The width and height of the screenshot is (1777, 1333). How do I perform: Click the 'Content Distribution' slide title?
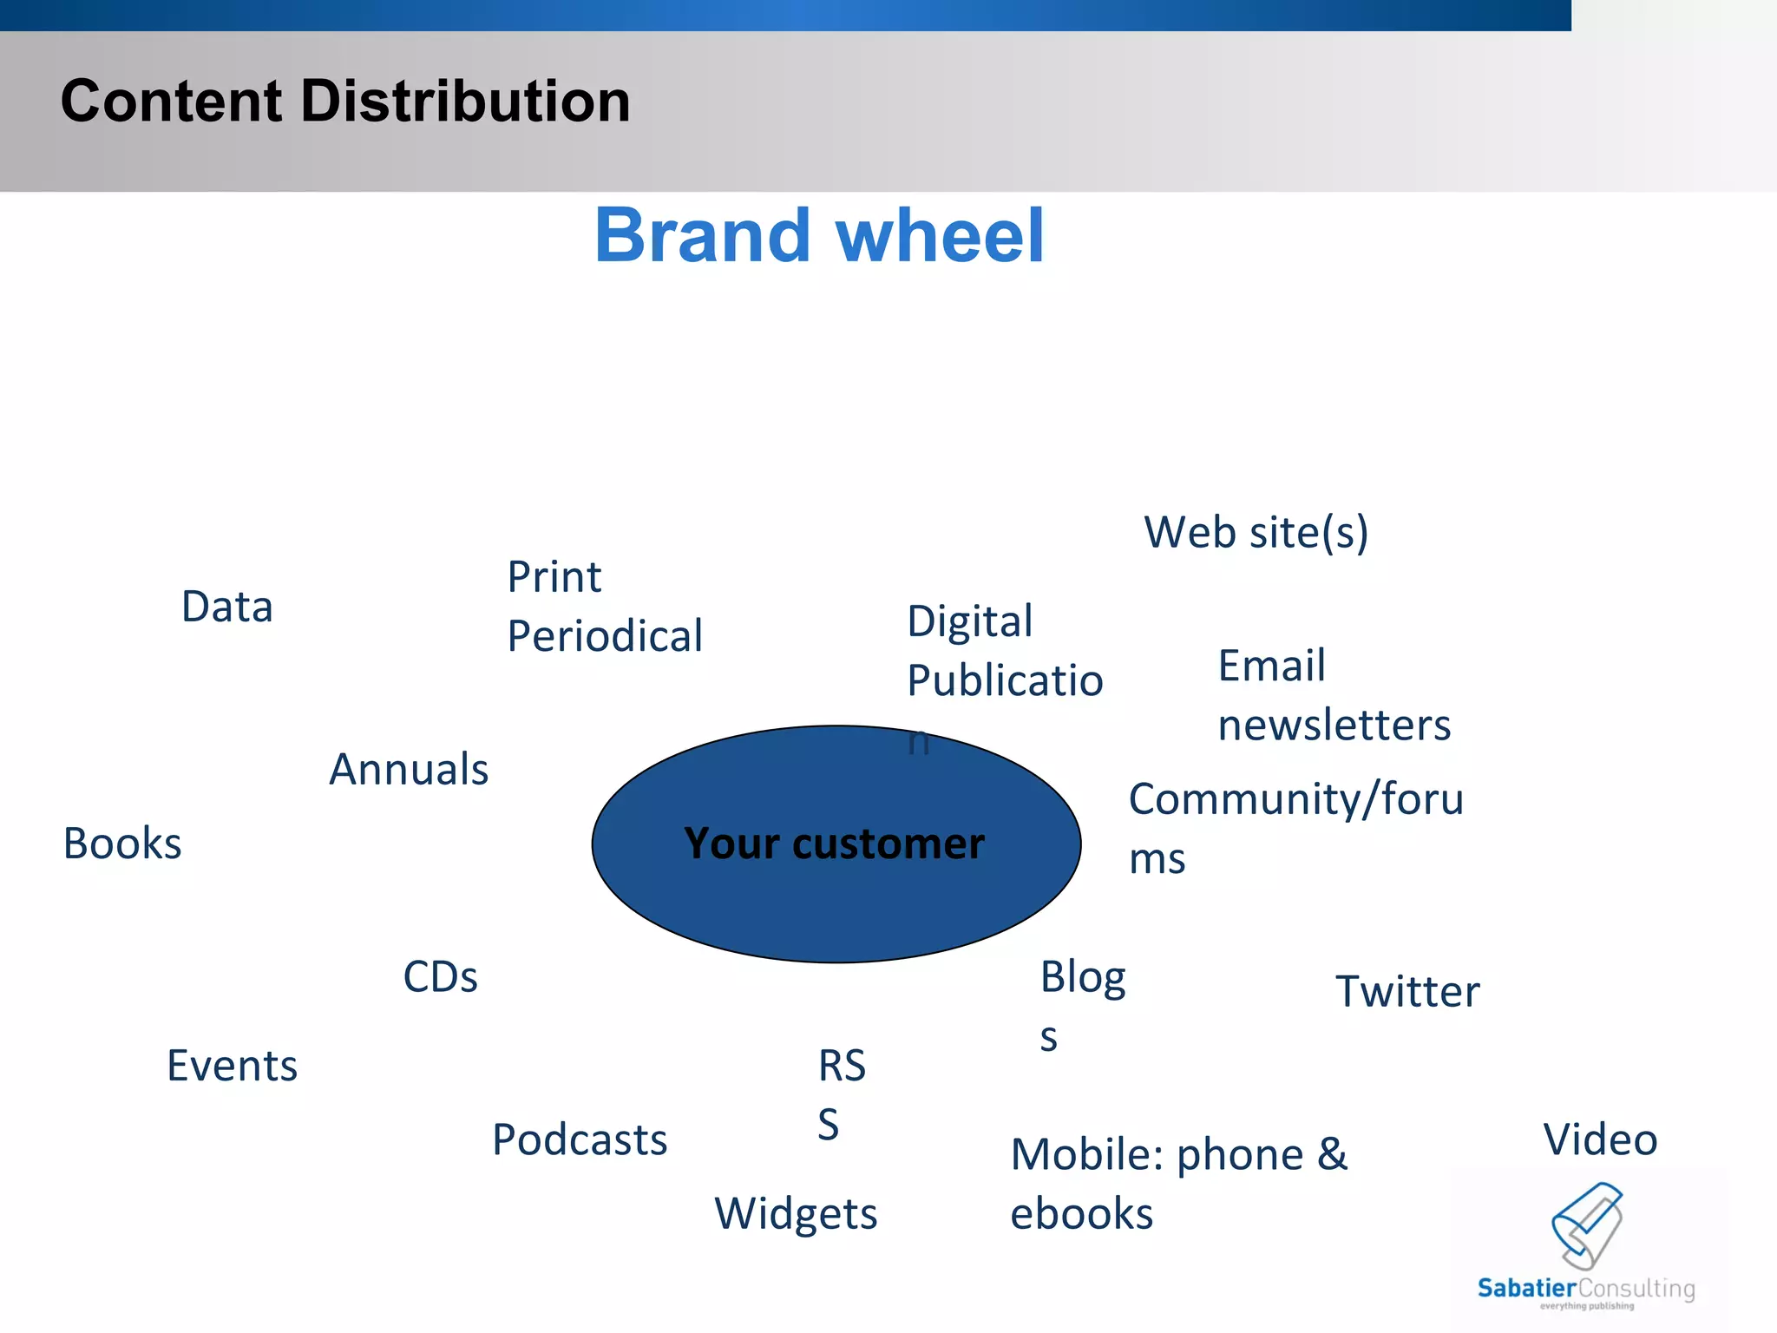click(x=345, y=101)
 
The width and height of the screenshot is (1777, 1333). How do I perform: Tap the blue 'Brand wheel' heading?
click(x=819, y=235)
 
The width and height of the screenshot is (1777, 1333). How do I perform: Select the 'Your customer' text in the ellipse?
click(x=834, y=844)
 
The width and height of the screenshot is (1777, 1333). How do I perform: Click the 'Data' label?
click(x=227, y=607)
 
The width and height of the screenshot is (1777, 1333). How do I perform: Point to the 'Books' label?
click(x=122, y=844)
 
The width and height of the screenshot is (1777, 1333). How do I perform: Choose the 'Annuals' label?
click(x=409, y=770)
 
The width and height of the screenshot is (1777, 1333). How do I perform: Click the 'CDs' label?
click(x=440, y=977)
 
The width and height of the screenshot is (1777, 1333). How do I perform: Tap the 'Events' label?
click(x=232, y=1066)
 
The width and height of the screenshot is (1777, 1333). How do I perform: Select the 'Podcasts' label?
click(x=580, y=1139)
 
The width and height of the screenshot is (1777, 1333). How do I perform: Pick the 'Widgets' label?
click(x=796, y=1214)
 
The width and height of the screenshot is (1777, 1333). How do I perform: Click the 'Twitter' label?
click(x=1407, y=991)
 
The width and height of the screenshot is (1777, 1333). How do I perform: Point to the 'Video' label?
click(x=1600, y=1139)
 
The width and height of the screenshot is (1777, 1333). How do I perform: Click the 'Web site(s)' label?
click(x=1256, y=533)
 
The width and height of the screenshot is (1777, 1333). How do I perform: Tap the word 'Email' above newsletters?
click(x=1271, y=666)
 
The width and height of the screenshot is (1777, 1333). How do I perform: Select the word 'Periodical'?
click(x=605, y=636)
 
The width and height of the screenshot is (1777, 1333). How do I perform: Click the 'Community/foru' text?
click(x=1295, y=799)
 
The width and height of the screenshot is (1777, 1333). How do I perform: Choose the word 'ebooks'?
click(x=1081, y=1214)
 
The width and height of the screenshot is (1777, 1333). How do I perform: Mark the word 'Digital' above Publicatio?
click(x=969, y=621)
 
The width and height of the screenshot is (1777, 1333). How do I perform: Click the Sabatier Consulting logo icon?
click(x=1587, y=1225)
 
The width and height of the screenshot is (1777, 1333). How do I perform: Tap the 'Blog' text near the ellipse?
click(x=1082, y=977)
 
